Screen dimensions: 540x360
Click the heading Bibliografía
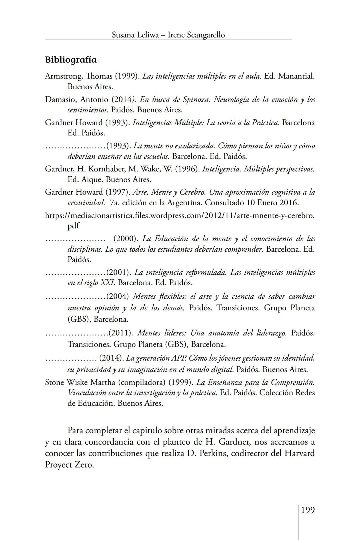point(71,60)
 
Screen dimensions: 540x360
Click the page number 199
point(308,510)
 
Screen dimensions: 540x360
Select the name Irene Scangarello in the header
point(196,35)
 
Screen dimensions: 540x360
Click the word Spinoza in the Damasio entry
point(195,100)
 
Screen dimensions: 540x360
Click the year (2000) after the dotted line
point(126,239)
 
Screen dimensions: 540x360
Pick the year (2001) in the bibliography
point(118,272)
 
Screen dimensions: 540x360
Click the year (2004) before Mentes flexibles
point(118,296)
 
